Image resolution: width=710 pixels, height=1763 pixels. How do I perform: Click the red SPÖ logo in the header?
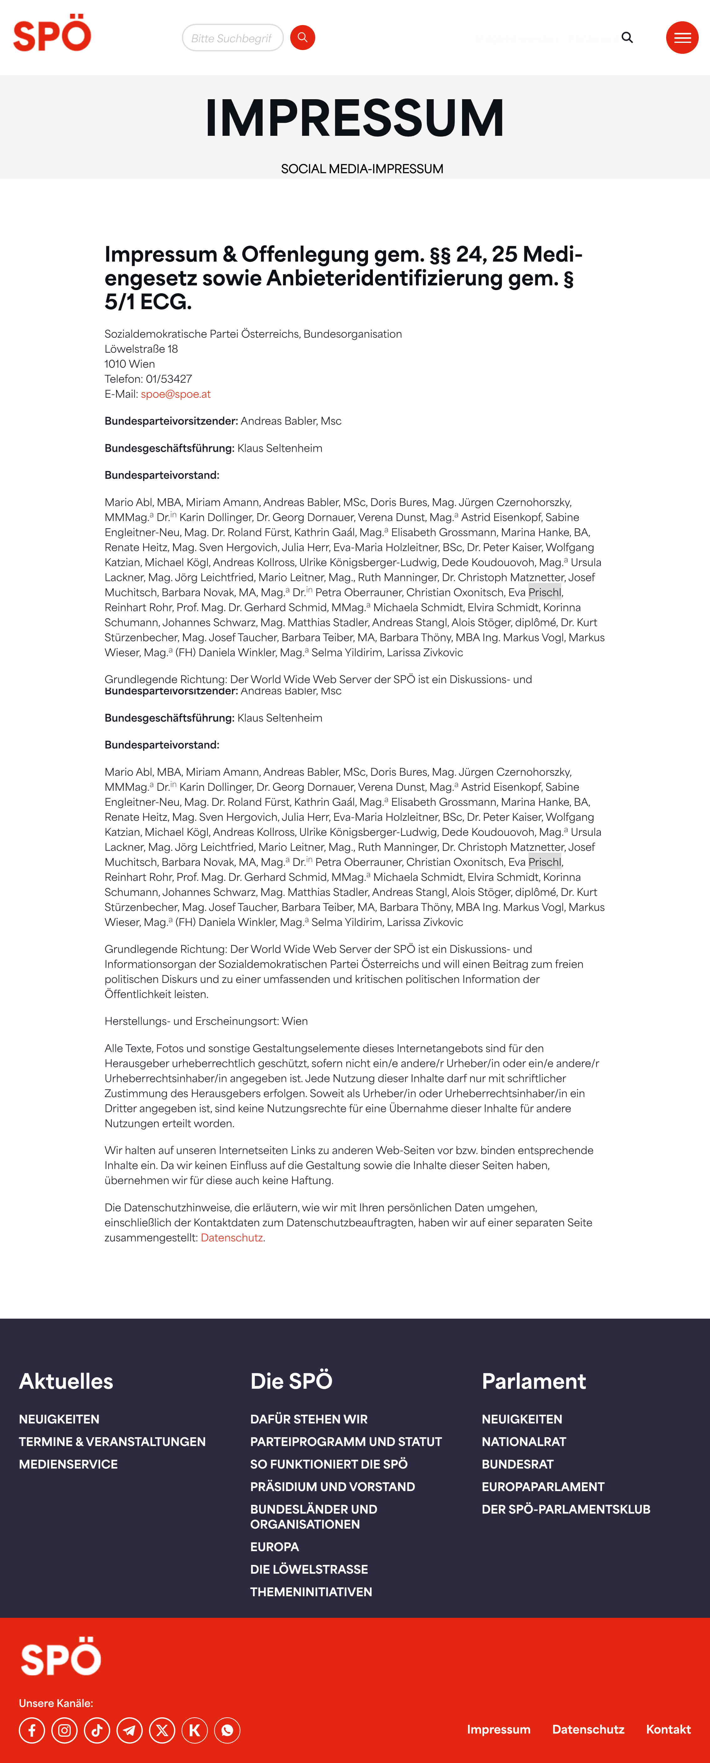52,34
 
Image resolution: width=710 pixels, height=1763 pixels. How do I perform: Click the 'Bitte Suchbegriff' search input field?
232,38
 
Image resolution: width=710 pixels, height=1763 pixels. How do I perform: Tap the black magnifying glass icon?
627,38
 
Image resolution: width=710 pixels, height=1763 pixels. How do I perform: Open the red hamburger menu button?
682,38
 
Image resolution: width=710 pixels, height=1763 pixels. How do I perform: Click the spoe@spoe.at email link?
175,394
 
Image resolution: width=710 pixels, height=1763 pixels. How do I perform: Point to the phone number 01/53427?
168,379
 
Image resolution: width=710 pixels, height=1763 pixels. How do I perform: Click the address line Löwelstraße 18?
141,349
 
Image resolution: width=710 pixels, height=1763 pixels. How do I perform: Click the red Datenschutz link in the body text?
231,1237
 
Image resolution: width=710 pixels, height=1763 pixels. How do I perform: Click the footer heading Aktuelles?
66,1381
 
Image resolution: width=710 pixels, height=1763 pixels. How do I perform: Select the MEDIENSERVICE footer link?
69,1464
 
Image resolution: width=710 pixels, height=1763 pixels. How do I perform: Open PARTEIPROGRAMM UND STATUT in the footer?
346,1441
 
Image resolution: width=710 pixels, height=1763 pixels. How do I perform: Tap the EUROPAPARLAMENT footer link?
543,1486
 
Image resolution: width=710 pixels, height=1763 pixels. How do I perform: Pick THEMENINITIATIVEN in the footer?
311,1592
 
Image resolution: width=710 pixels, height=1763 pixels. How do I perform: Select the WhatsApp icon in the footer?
227,1730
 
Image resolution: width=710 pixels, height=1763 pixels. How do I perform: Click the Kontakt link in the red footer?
668,1730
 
